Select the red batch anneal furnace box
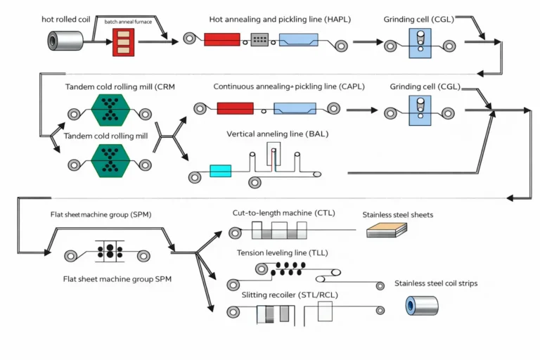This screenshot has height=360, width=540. (x=123, y=41)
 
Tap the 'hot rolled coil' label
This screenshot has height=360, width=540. (x=66, y=19)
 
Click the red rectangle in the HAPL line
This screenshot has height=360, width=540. (x=223, y=40)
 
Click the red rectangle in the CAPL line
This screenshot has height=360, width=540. (x=235, y=108)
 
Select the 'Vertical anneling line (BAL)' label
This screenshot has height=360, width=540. (x=277, y=134)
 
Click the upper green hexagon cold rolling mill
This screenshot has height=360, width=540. (x=112, y=110)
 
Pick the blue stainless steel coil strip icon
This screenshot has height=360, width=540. (x=422, y=304)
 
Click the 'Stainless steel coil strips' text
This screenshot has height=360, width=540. (x=436, y=283)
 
